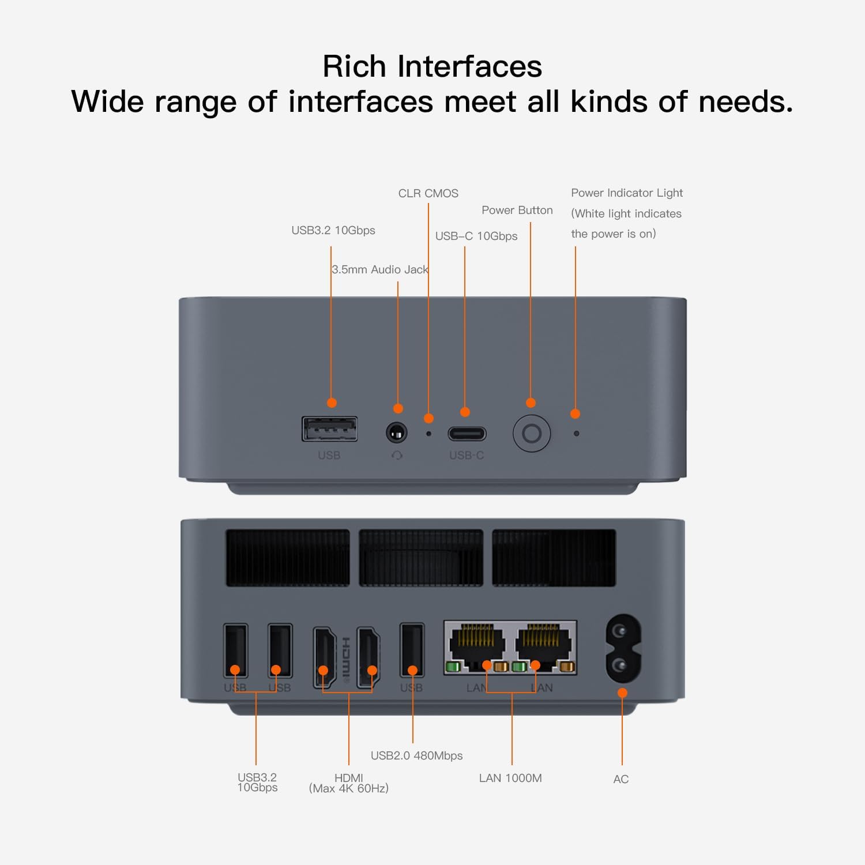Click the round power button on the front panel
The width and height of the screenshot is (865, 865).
click(x=532, y=433)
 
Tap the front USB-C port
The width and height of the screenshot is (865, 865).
click(x=467, y=433)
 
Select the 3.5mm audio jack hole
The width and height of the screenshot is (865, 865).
click(x=396, y=432)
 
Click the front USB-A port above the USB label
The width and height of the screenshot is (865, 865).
click(x=330, y=429)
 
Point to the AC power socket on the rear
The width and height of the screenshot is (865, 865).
click(x=623, y=649)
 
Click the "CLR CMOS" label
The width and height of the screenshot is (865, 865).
click(x=428, y=193)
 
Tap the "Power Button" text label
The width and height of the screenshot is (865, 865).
click(x=517, y=210)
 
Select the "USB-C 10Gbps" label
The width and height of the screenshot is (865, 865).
click(x=476, y=236)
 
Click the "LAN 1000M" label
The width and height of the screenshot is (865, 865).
click(x=510, y=778)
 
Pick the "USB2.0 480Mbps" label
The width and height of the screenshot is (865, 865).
click(x=416, y=755)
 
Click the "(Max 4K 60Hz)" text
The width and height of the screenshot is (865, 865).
click(x=348, y=788)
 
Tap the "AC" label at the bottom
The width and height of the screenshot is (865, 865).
click(x=620, y=779)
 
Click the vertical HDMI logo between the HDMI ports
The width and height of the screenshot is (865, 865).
click(x=346, y=659)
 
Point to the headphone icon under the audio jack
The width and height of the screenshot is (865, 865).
click(x=397, y=456)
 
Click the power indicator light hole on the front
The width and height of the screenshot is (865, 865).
click(x=576, y=433)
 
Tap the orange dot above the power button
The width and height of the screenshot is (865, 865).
click(x=531, y=403)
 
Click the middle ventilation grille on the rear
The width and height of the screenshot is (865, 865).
click(x=421, y=558)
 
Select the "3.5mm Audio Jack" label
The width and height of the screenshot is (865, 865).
click(x=379, y=269)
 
